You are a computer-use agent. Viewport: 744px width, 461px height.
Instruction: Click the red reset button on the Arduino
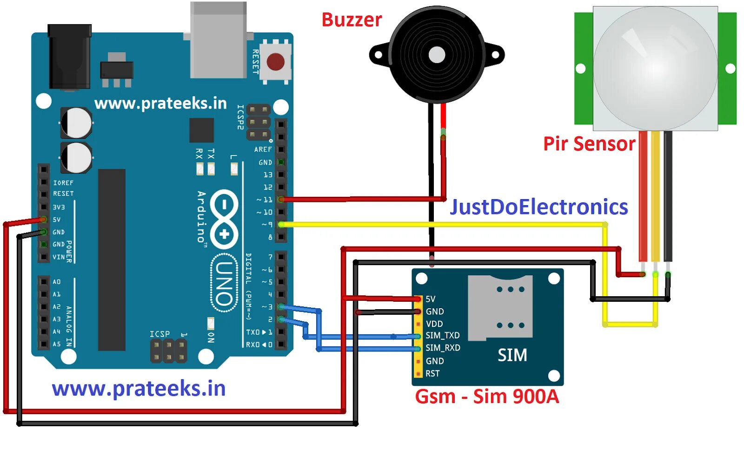(275, 61)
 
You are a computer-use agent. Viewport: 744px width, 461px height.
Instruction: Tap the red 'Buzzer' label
(352, 20)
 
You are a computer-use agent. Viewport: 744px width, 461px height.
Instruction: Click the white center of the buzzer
(437, 55)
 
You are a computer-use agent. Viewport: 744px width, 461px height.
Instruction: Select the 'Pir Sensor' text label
(589, 143)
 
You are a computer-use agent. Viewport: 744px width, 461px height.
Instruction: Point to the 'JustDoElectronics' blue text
(539, 207)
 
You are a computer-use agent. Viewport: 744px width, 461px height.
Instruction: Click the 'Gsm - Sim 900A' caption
(487, 396)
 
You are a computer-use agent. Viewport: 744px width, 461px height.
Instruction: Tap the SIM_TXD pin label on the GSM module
(442, 335)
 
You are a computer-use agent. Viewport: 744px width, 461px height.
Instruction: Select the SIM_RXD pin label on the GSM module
(443, 348)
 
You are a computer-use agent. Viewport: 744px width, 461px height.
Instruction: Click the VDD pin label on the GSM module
(434, 324)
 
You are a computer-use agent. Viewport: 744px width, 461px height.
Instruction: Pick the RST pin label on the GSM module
(432, 373)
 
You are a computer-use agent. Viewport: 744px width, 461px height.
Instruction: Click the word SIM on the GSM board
(512, 355)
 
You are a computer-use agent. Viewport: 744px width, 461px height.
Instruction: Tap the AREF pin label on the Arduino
(263, 149)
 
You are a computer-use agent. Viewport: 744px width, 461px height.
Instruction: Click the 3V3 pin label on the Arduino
(59, 207)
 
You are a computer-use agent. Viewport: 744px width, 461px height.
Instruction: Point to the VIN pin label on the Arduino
(59, 257)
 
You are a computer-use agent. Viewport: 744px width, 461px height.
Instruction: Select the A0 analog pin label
(56, 282)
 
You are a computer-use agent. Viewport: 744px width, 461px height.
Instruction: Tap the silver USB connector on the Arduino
(218, 40)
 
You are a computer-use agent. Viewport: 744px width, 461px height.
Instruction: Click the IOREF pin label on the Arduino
(63, 183)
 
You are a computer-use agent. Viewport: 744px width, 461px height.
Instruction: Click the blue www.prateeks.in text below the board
(139, 389)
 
